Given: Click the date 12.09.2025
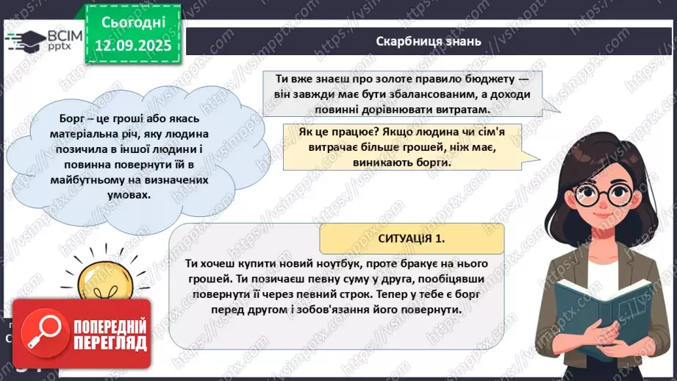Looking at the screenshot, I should point(134,44).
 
